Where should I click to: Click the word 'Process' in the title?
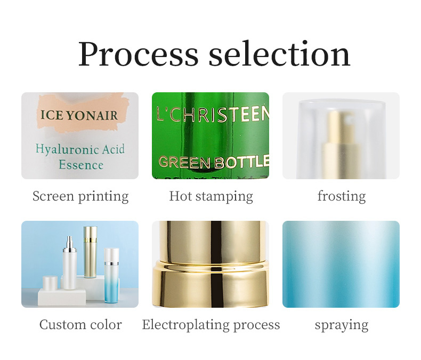coord(138,54)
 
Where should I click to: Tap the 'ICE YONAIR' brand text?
coord(78,115)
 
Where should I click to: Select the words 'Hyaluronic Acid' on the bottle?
coord(80,149)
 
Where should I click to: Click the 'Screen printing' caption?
coord(80,196)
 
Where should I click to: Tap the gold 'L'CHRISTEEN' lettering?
coord(212,113)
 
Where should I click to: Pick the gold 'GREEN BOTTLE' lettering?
coord(213,162)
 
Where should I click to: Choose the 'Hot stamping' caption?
coord(211,196)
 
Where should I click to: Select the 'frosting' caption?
coord(342,196)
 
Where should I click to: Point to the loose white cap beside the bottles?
coord(50,283)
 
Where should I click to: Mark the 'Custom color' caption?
coord(80,324)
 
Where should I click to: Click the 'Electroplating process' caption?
coord(211,324)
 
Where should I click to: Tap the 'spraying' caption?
coord(342,324)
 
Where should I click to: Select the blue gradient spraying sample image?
coord(341,264)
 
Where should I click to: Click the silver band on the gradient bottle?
coord(111,262)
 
